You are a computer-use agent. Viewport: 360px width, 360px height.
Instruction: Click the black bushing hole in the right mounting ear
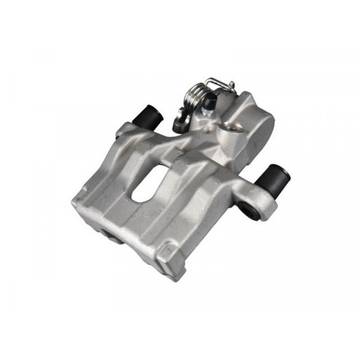[x=247, y=208]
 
